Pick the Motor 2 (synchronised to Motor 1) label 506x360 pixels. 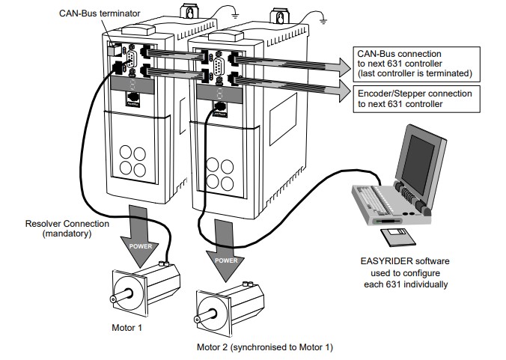264,347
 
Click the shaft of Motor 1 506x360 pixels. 114,299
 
